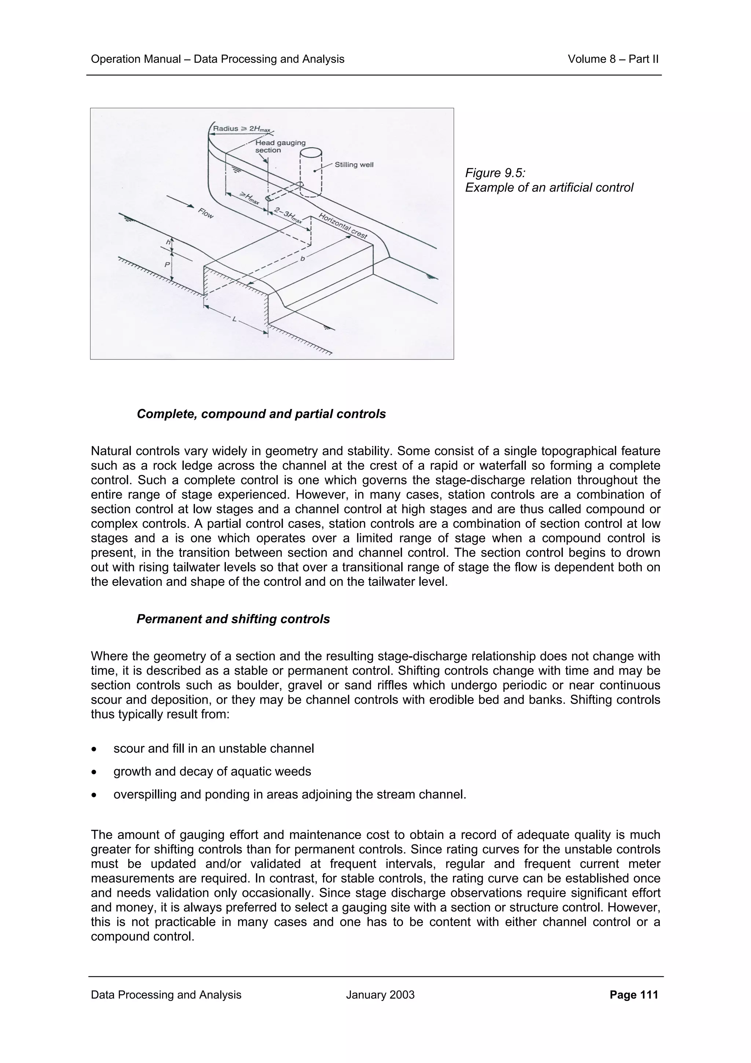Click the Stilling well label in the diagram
353,165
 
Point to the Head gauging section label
281,146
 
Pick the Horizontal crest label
343,226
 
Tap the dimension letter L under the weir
235,319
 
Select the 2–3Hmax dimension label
288,216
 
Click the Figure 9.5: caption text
495,173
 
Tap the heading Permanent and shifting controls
233,619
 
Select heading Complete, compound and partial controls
261,414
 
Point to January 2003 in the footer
380,995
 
